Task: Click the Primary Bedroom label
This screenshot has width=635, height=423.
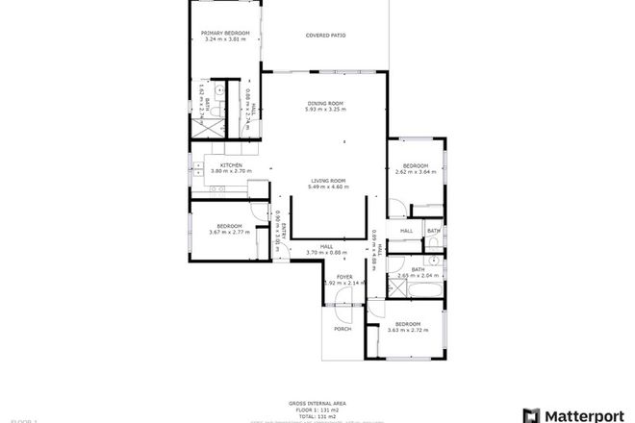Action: pos(225,34)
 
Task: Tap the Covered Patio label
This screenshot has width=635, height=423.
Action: pos(326,36)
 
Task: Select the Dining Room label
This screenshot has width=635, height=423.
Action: pos(326,103)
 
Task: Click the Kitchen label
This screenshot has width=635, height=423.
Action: pos(230,165)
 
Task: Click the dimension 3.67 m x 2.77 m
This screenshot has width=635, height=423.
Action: pos(229,232)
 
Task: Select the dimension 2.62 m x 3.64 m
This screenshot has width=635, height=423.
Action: pos(416,172)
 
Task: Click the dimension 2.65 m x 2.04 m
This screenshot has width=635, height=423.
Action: pos(418,276)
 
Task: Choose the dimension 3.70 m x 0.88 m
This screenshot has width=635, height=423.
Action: pos(325,252)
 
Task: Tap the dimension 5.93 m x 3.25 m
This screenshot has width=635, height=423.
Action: pos(326,110)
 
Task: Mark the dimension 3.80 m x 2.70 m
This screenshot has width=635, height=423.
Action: pos(230,171)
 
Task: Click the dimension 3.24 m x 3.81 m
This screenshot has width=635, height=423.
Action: pos(225,39)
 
